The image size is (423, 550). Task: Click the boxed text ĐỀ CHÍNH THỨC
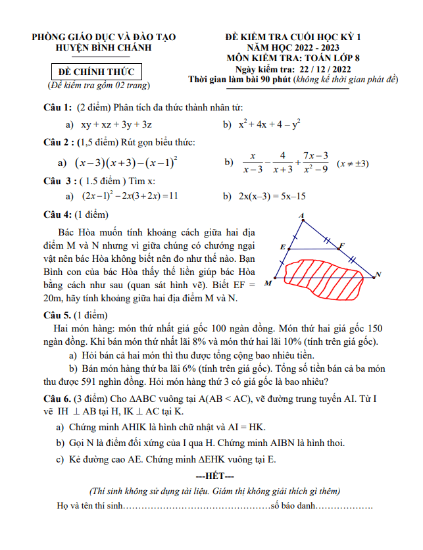tap(95, 72)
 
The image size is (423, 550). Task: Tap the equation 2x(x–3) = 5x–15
tap(272, 196)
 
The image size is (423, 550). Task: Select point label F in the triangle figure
tap(341, 245)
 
